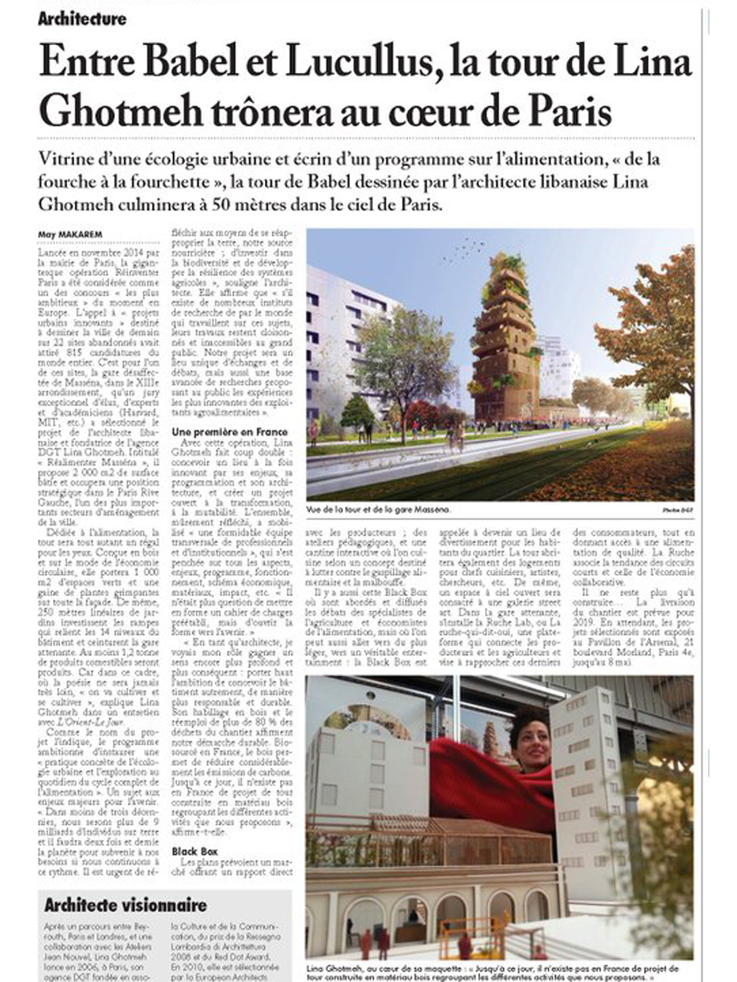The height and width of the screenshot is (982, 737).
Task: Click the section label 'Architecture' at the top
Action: coord(82,18)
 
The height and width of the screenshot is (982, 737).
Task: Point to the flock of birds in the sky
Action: coord(463,252)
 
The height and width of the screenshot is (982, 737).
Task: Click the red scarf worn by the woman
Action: coord(495,786)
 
